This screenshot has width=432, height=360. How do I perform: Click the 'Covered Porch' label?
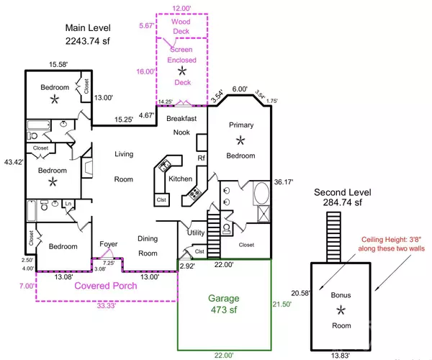[107, 286]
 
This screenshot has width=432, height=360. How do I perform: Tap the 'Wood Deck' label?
[181, 27]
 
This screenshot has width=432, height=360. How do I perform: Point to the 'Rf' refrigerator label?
[202, 158]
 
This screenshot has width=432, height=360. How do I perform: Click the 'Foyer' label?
[108, 244]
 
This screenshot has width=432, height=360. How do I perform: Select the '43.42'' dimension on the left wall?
[12, 162]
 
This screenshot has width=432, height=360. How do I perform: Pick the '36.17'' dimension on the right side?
[283, 182]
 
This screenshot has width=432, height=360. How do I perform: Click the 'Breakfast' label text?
[182, 117]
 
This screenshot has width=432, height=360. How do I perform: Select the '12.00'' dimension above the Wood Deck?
[181, 8]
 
